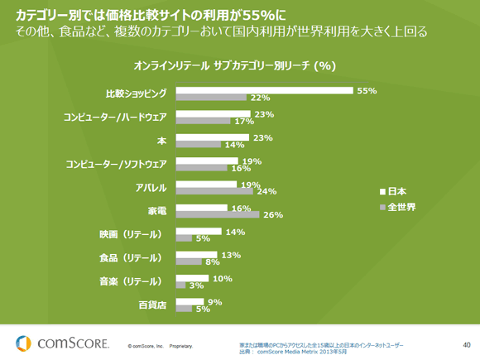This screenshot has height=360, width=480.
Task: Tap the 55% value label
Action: [x=367, y=89]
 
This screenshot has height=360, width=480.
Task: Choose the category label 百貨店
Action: [x=152, y=306]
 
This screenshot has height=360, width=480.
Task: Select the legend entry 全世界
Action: [x=401, y=208]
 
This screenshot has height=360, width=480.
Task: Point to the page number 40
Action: [x=466, y=343]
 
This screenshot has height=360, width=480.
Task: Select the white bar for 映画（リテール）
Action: [x=199, y=232]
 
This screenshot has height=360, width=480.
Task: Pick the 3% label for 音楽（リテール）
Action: [x=197, y=286]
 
